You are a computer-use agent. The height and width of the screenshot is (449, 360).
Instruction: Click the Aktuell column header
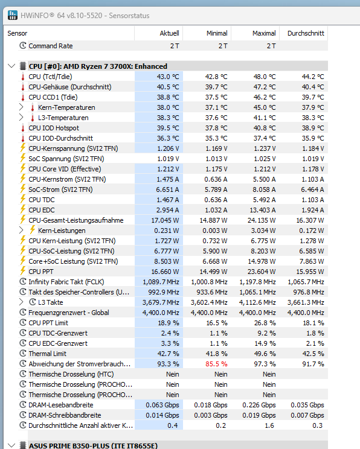coord(169,33)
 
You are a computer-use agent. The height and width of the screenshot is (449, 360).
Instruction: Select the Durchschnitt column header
coord(306,33)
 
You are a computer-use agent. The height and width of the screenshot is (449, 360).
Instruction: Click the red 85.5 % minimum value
coord(216,364)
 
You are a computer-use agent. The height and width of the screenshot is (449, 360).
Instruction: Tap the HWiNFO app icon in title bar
coord(13,15)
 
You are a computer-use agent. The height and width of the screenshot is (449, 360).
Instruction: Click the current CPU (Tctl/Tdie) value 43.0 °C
coord(168,77)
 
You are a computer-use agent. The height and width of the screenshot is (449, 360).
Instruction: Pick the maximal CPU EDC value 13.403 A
coord(263,210)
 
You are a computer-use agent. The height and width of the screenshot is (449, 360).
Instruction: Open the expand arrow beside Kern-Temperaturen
coord(21,107)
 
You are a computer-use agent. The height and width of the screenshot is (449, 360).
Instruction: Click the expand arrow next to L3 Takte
coord(21,302)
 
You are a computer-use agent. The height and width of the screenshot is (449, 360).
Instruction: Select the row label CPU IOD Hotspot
coord(54,128)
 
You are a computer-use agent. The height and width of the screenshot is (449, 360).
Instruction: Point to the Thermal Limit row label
coord(47,354)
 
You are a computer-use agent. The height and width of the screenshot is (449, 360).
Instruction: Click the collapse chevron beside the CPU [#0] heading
coord(11,66)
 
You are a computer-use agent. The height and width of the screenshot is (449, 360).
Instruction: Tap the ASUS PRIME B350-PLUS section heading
coord(93,445)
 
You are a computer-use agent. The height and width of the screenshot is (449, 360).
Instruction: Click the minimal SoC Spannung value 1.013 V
coord(216,159)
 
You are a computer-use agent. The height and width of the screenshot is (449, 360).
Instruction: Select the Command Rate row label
coord(51,46)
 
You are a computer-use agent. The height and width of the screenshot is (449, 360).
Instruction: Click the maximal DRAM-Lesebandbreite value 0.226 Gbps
coord(259,405)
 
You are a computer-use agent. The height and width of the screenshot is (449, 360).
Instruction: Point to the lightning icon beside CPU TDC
coord(23,199)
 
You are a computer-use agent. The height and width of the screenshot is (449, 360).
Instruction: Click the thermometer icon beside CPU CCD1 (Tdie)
coord(23,97)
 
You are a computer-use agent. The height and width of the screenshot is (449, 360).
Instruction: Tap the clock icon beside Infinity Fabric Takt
coord(23,281)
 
